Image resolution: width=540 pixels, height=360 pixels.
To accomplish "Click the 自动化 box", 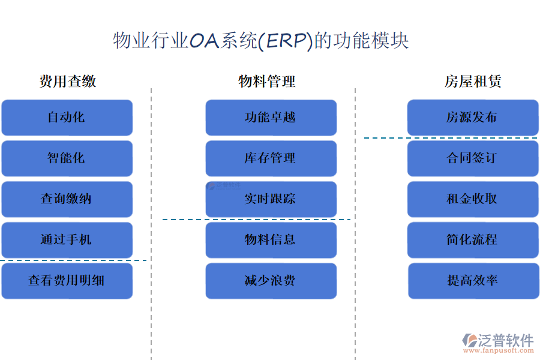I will point(67,118).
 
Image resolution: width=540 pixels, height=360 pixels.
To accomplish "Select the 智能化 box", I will point(67,158).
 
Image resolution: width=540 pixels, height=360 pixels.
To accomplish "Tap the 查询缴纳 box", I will point(67,199).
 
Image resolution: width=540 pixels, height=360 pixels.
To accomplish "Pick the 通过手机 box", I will point(67,240).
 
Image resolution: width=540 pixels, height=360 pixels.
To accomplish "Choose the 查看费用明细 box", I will point(67,281).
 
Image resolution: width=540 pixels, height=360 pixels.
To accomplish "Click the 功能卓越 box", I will point(271,118).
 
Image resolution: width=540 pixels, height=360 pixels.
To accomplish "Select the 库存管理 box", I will point(271,158).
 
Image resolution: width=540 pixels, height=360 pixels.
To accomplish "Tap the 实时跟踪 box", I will point(271,199).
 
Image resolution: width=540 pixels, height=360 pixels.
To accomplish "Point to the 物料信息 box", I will point(271,240).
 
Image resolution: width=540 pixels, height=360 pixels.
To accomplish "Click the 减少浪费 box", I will point(271,281).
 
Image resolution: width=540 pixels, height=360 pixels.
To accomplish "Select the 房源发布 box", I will point(473,118).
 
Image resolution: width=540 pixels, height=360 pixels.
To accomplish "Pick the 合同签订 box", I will point(473,158).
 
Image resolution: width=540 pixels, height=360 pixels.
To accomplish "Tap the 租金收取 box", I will point(473,199).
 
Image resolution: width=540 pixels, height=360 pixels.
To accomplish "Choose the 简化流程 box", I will point(473,240).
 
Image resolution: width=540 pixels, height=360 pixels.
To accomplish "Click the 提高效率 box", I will point(473,281).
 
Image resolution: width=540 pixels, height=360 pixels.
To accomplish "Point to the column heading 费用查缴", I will point(68,82).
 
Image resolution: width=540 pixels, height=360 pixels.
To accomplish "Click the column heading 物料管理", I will point(267,82).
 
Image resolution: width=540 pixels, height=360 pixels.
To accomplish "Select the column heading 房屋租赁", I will point(473,82).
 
